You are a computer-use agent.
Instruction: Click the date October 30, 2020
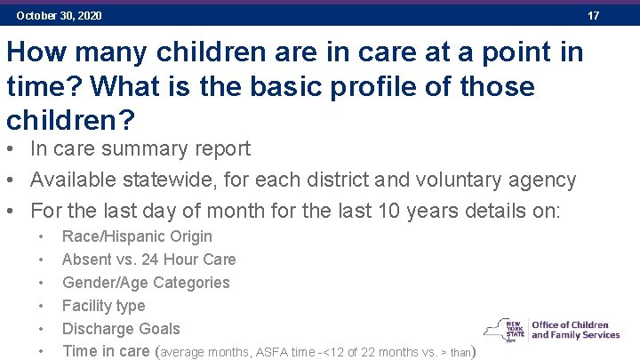coord(59,16)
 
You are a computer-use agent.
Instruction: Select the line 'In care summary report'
coord(140,149)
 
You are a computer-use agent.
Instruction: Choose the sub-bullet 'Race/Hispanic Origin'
coord(137,236)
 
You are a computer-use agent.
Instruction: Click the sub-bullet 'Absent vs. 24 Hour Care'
coord(148,260)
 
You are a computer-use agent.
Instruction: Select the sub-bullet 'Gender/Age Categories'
coord(146,283)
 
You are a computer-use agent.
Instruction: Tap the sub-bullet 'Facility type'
coord(103,306)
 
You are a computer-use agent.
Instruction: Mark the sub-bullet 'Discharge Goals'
coord(121,329)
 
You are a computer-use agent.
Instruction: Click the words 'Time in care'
coord(106,351)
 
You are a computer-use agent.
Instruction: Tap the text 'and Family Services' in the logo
coord(575,335)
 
